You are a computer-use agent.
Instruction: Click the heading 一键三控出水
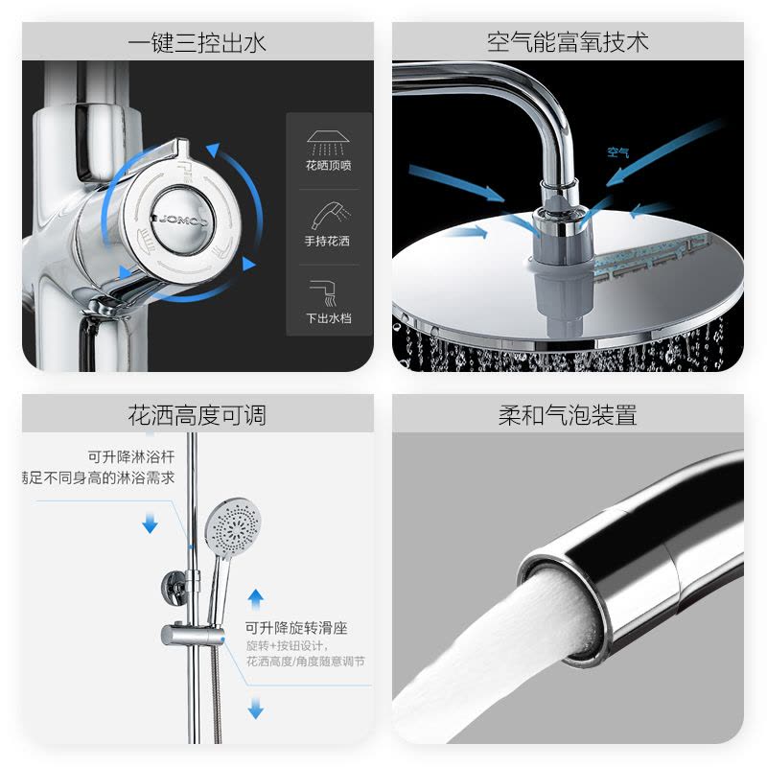point(198,43)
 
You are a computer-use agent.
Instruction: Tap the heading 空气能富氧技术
point(568,43)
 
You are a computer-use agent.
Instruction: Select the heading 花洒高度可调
point(198,415)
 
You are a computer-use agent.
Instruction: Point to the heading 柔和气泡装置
point(568,415)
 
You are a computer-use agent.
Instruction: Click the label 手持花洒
point(328,242)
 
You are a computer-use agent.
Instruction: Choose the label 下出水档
point(328,318)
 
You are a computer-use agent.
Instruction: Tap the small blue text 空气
point(617,151)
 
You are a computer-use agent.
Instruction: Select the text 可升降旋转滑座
point(296,628)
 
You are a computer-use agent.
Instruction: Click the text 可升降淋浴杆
point(131,456)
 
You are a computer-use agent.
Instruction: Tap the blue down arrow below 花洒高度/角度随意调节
point(256,709)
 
